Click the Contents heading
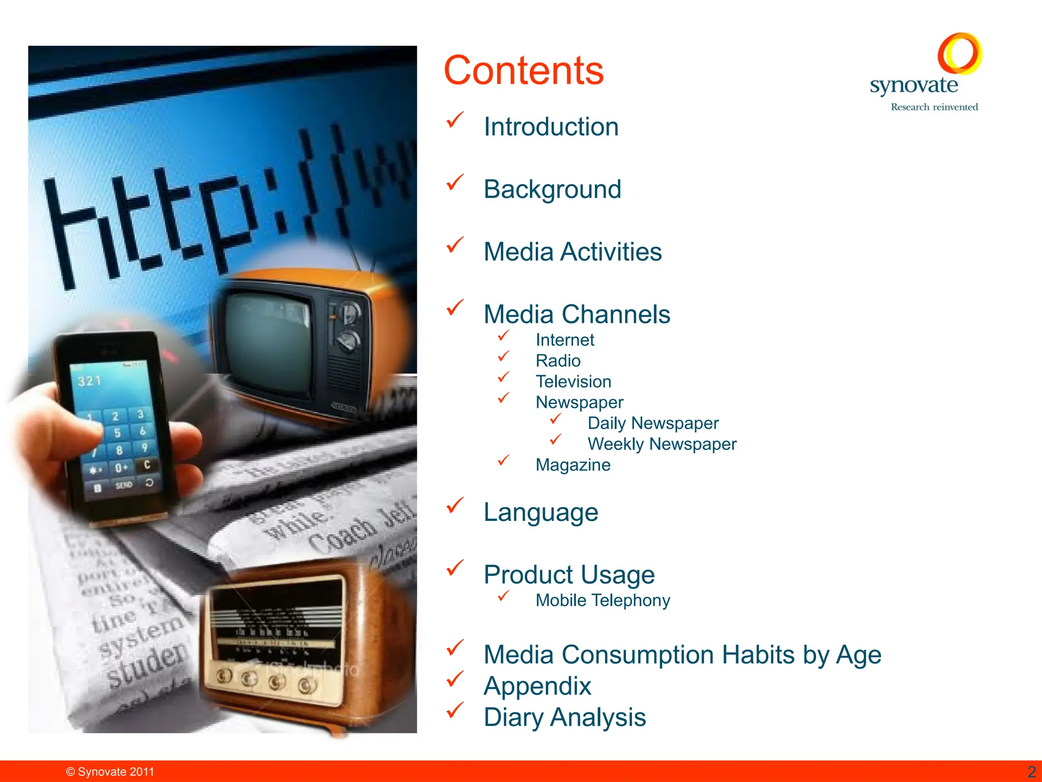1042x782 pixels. point(524,70)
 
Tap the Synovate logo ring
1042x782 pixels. point(960,53)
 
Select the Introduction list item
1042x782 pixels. point(551,127)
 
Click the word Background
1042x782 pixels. point(553,189)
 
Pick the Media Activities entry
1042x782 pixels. point(572,252)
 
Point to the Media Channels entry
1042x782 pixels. point(577,314)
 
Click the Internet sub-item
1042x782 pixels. point(565,340)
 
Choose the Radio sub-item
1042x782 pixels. point(558,361)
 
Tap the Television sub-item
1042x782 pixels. point(573,382)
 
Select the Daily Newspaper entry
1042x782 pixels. point(653,424)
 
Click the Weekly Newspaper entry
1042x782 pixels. point(662,444)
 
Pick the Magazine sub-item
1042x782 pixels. point(573,465)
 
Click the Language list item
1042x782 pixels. point(541,512)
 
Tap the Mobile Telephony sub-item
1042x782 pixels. point(603,601)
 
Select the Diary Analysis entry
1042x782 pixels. point(565,717)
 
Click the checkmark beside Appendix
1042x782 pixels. point(455,679)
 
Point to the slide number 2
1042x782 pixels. point(1031,772)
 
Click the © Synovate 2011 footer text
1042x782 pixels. point(110,772)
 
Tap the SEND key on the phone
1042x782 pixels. point(124,485)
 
